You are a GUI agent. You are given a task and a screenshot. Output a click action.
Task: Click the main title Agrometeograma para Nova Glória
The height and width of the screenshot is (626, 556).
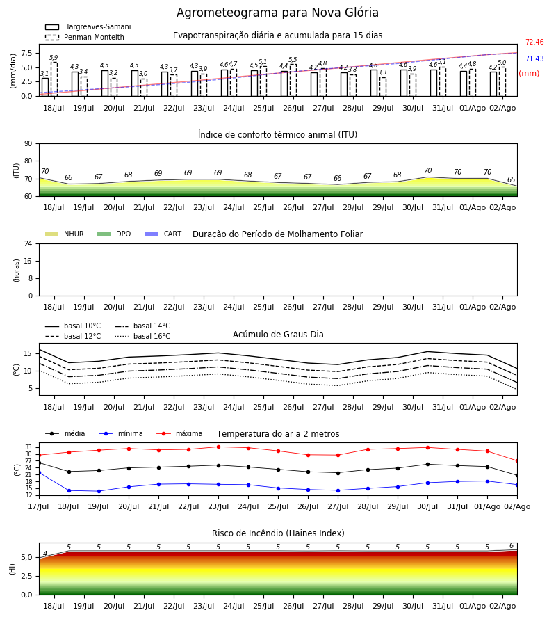[x=277, y=13]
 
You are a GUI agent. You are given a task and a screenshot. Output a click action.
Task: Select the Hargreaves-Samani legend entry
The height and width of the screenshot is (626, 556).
[x=88, y=26]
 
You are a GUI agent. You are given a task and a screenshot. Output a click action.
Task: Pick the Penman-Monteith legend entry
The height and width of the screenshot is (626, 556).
[x=85, y=37]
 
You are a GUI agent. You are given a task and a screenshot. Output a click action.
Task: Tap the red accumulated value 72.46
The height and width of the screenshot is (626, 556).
[x=534, y=42]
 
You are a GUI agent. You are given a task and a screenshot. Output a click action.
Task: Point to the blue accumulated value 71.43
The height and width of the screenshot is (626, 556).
[x=534, y=58]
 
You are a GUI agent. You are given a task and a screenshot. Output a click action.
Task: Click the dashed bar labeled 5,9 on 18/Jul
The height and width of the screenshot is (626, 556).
[x=54, y=79]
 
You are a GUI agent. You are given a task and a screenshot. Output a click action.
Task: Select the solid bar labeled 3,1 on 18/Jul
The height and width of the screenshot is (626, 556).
[x=45, y=87]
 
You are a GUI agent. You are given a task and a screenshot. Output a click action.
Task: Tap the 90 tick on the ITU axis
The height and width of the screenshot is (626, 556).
[x=28, y=144]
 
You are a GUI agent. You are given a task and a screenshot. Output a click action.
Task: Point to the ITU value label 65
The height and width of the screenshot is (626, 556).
[x=512, y=179]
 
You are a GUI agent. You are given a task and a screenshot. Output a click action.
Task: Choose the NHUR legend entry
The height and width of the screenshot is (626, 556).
[x=65, y=234]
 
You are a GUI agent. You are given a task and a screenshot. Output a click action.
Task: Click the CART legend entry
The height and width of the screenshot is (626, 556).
[x=163, y=234]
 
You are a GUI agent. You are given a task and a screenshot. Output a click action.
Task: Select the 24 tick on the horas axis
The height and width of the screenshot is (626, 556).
[x=28, y=243]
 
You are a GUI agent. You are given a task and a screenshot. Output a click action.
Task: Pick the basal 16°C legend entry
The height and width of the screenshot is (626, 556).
[x=142, y=336]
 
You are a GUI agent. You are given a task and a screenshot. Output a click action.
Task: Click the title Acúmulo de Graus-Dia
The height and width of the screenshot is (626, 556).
[x=278, y=334]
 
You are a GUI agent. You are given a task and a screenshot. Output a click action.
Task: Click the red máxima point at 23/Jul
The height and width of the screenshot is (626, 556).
[x=218, y=447]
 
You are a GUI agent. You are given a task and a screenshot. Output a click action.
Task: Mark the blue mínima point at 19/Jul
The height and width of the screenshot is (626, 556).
[x=99, y=491]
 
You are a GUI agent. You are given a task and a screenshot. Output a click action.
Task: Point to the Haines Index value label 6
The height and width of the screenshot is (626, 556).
[x=512, y=546]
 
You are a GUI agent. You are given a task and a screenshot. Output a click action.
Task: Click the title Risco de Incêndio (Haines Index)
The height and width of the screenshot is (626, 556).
[x=278, y=533]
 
